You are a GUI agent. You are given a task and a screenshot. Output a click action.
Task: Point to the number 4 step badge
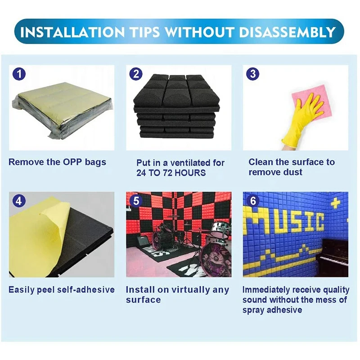point(18,201)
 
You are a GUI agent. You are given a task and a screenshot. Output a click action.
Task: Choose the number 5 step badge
point(136,201)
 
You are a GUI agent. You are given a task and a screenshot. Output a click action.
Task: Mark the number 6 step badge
point(253,201)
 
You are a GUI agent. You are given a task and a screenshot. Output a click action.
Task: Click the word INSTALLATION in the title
point(70,32)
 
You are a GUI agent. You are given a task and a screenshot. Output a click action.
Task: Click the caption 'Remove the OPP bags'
point(57,162)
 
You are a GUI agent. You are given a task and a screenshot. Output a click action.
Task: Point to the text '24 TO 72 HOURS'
point(171,173)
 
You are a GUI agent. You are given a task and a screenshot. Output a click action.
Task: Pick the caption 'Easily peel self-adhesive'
point(62,289)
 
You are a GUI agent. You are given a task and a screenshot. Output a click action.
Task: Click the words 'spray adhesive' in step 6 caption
point(272,310)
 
